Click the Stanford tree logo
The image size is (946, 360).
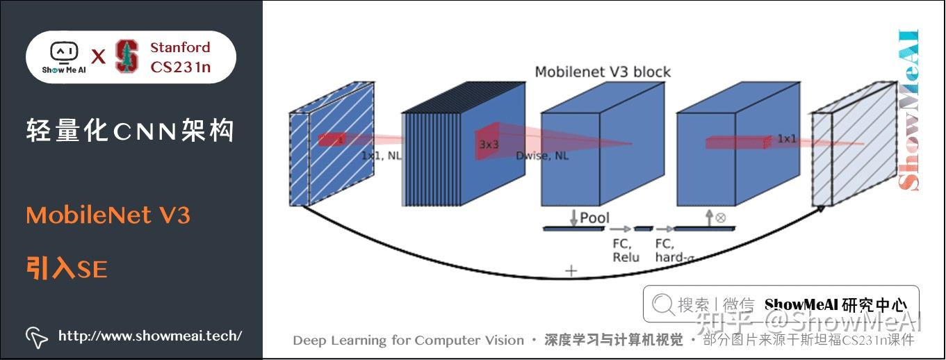coord(127,57)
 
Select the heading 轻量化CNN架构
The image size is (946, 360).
coord(130,131)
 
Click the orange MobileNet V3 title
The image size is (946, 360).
coord(108,215)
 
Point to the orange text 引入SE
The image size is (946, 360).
coord(67,268)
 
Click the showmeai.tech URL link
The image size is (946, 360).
coord(149,336)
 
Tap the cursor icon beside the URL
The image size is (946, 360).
coord(37,336)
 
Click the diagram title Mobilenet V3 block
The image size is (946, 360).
coord(603,72)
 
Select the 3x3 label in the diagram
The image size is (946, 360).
coord(489,145)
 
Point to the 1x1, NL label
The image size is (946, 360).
coord(381,156)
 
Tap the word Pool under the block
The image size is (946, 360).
coord(594,218)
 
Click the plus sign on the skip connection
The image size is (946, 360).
coord(571,271)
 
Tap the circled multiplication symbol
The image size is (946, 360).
coord(720,218)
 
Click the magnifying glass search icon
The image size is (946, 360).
coord(663,304)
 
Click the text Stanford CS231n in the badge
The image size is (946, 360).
coord(180,57)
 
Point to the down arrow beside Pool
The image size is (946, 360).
coord(573,218)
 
